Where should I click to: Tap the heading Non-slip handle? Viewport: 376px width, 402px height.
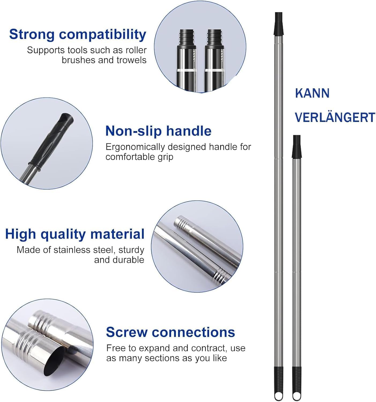pos(158,131)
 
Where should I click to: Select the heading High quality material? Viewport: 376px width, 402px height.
pos(75,234)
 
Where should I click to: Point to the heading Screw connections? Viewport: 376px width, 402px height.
pos(170,332)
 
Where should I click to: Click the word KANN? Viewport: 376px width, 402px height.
pos(312,93)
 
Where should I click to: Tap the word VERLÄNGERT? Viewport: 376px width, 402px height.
pos(335,117)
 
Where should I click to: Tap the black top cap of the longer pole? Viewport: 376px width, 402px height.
pos(278,24)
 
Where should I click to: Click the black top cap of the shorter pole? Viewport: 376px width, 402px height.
pos(297,147)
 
